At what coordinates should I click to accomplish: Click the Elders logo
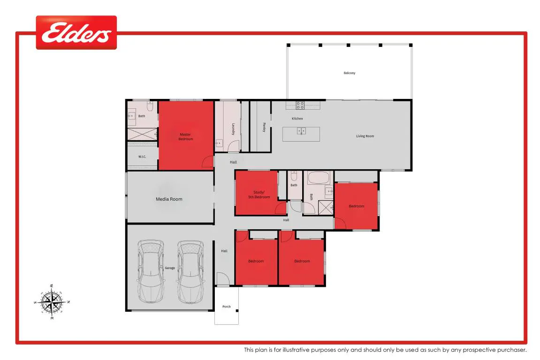(76, 32)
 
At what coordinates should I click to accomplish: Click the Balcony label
(349, 73)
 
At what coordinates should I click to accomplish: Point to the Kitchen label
(297, 119)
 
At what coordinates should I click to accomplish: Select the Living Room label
(365, 136)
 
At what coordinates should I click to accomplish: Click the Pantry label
(264, 127)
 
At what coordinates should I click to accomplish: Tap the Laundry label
(233, 129)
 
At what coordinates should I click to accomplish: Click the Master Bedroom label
(186, 136)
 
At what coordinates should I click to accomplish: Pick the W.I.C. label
(142, 157)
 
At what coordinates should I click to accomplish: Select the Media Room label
(169, 199)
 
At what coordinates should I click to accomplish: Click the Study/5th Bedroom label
(259, 195)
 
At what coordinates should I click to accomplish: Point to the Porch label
(226, 306)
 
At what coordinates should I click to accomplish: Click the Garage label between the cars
(170, 268)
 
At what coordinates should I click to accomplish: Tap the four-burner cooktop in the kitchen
(300, 105)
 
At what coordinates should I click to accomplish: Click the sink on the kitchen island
(301, 131)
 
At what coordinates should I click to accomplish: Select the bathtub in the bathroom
(319, 178)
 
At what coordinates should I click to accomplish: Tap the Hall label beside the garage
(224, 251)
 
